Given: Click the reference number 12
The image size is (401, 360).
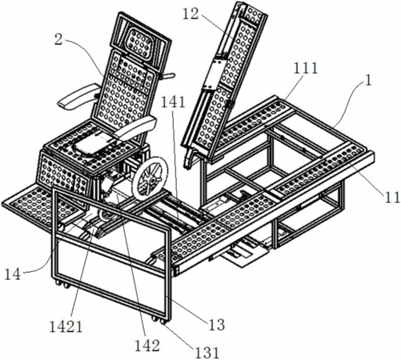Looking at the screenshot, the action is click(190, 14).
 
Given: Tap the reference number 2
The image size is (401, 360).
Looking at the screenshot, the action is click(58, 39).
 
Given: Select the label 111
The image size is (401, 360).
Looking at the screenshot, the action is click(306, 68).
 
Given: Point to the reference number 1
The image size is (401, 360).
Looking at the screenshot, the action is click(368, 80).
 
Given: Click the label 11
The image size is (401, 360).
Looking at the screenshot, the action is click(392, 198).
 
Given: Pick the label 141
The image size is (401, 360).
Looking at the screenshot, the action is click(173, 102).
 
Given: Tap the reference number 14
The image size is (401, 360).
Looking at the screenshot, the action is click(13, 274).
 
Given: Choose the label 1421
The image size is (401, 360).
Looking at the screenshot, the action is click(66, 326).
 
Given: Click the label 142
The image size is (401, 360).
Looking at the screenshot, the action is click(147, 346).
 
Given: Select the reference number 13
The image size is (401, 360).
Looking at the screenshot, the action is click(217, 325).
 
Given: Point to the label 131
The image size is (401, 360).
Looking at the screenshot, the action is click(207, 353).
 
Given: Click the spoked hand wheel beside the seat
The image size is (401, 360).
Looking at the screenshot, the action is click(150, 178).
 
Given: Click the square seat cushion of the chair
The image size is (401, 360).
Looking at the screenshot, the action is click(94, 142).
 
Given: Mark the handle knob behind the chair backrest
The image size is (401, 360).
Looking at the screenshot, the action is click(167, 77).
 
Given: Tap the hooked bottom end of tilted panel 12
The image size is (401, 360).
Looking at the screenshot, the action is click(190, 159).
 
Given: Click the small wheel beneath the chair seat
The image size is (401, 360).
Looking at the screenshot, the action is click(106, 214).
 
